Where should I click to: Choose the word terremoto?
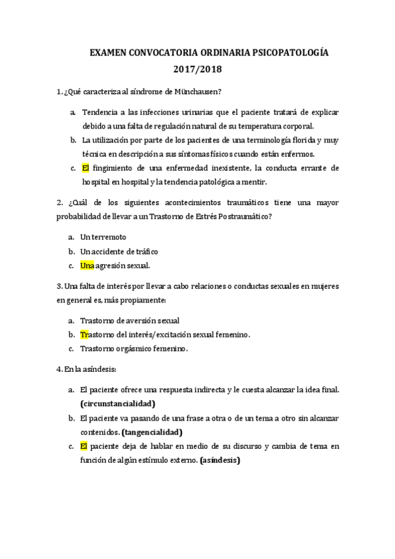coord(109,236)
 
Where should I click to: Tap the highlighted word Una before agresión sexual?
coord(87,266)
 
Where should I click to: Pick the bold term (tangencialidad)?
coord(152,432)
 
